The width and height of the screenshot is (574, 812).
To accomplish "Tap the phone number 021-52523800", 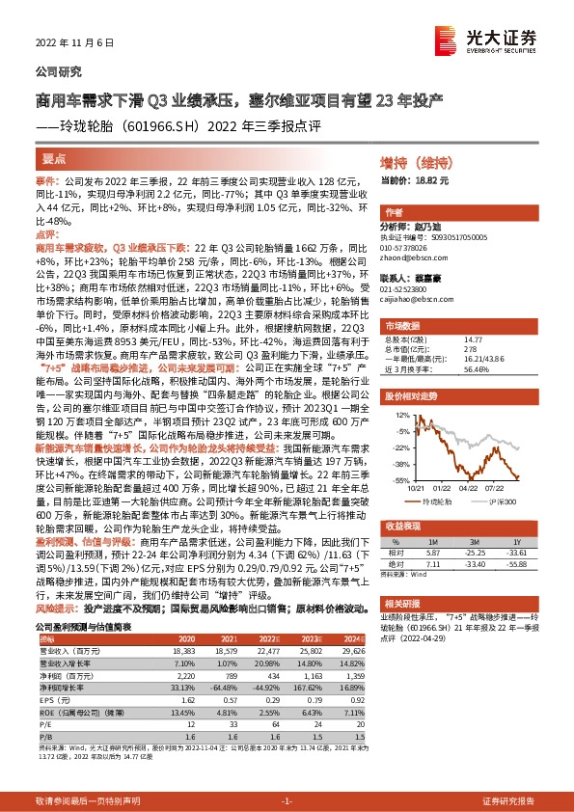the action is point(412,287).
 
